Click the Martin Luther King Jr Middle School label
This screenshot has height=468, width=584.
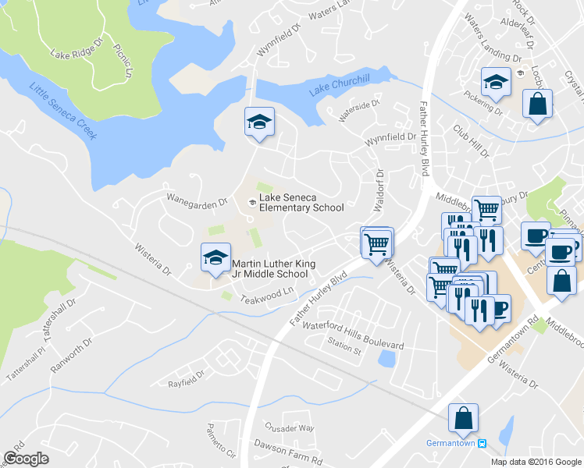pyautogui.click(x=273, y=269)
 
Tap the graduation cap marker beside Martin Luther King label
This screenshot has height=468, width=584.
pyautogui.click(x=215, y=258)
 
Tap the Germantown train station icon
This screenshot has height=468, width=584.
pyautogui.click(x=482, y=443)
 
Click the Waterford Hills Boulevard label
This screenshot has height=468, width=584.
pyautogui.click(x=353, y=334)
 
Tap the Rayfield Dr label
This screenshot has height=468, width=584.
pyautogui.click(x=186, y=384)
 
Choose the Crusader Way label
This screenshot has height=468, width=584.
pyautogui.click(x=289, y=428)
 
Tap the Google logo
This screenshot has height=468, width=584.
pyautogui.click(x=26, y=459)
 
